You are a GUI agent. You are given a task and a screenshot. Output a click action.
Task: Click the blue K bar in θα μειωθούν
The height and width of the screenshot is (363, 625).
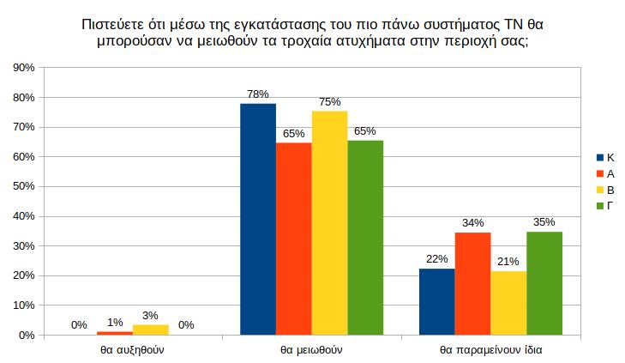point(258,219)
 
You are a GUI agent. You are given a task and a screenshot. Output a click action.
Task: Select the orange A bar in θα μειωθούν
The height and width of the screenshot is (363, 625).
point(294,239)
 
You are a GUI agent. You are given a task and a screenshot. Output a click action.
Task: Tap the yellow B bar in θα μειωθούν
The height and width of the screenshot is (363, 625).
point(329,223)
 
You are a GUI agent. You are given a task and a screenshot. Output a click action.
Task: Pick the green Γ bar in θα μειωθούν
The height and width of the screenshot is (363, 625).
point(365,238)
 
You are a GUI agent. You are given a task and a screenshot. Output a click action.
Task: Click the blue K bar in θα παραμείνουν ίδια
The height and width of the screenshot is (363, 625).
point(436,301)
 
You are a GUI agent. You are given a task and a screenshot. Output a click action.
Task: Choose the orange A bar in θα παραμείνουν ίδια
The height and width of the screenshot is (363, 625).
point(472,283)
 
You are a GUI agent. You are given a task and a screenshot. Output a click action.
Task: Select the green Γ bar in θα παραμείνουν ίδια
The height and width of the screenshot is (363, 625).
point(544,282)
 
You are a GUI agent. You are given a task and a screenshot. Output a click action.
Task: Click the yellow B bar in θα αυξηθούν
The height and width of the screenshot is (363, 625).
point(151,330)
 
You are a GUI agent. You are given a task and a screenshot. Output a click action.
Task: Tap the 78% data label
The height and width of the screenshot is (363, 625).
point(258,94)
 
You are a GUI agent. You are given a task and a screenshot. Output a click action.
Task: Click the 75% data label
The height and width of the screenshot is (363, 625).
point(330,101)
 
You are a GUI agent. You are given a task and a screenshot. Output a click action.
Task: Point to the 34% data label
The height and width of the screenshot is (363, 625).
point(472,223)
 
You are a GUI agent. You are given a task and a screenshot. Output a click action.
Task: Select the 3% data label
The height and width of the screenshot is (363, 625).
point(151,315)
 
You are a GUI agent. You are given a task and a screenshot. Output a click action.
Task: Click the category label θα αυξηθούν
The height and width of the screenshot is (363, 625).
point(132,350)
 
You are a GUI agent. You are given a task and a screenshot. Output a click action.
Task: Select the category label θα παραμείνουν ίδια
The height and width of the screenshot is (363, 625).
point(490,350)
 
